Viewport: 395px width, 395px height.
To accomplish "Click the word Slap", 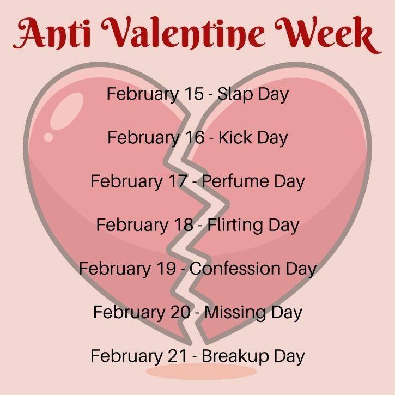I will point(234,94).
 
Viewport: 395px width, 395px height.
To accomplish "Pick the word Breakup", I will point(238,356).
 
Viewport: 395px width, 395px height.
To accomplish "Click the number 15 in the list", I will point(191,94).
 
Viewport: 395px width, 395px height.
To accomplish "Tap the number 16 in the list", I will point(192,137).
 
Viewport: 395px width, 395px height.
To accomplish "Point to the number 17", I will point(175,181).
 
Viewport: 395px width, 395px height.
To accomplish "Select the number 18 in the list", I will point(180,224).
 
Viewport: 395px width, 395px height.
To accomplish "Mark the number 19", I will point(163,268).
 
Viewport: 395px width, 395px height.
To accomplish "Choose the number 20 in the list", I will point(178,312).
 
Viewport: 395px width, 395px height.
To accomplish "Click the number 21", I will point(174,356).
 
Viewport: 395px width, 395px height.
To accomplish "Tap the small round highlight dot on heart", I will point(48,137).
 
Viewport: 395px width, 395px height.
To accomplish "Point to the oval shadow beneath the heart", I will point(201,372).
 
